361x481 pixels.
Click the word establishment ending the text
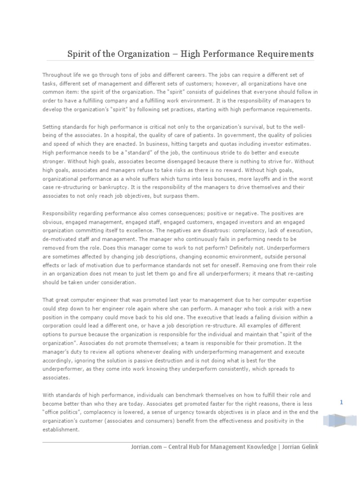tap(61, 429)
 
